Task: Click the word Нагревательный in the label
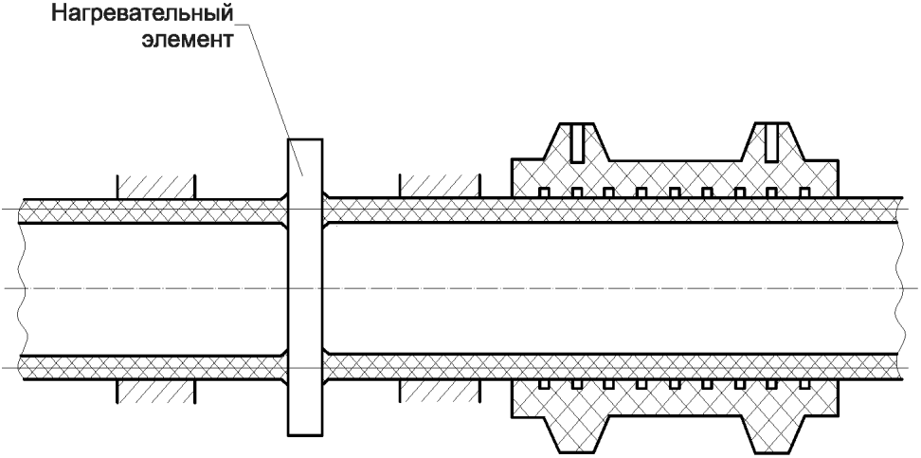click(x=141, y=13)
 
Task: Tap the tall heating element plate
click(x=305, y=287)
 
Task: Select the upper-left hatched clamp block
click(x=156, y=187)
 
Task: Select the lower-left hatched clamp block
click(x=156, y=391)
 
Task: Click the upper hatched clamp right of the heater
click(x=440, y=187)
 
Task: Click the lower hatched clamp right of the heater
click(x=440, y=391)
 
